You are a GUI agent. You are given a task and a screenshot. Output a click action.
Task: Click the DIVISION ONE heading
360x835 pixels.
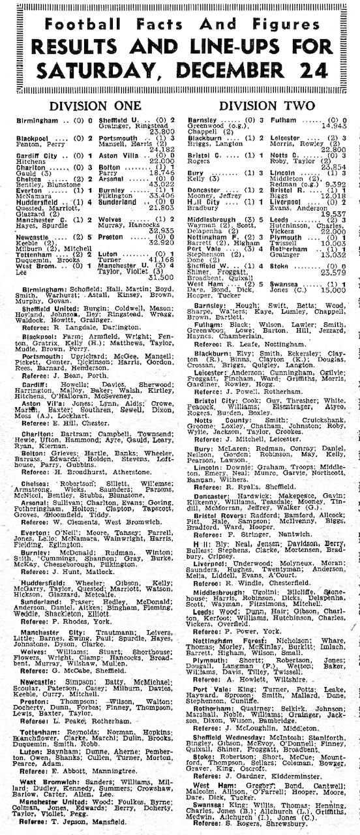tap(95, 105)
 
